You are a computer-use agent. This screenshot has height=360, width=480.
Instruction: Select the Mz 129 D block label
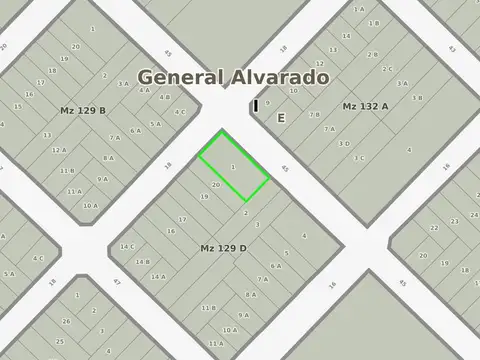pos(223,247)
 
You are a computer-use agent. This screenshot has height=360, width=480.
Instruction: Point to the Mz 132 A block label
pos(366,106)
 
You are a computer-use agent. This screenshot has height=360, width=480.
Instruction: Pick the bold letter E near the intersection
pos(281,118)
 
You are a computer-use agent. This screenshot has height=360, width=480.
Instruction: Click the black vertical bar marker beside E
pos(256,105)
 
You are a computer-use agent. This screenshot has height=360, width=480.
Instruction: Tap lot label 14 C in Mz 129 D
pos(127,246)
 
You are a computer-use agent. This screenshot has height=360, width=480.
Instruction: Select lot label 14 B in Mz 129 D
pos(143,262)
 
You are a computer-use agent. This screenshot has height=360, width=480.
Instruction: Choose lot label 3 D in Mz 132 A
pos(344,143)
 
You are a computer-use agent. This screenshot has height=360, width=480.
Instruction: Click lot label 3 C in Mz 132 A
pos(358,158)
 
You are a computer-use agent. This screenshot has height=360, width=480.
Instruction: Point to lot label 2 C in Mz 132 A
pos(387,69)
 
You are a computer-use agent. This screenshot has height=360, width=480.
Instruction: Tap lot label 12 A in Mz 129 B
pos(59,150)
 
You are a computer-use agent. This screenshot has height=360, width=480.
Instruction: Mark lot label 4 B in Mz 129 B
pos(164,97)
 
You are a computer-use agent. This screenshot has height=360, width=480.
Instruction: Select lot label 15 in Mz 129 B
pos(18,106)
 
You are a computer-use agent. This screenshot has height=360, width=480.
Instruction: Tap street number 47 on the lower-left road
pos(116,282)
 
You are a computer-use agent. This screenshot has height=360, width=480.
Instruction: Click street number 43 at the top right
pos(452,48)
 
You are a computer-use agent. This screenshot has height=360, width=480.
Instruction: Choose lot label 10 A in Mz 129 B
pos(90,205)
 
